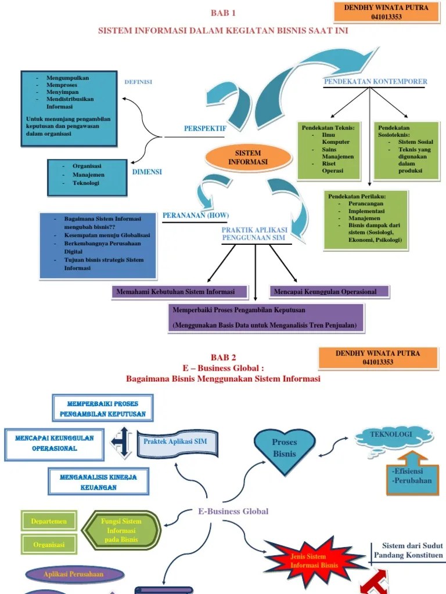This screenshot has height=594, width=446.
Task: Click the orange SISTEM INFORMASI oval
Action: pos(248,158)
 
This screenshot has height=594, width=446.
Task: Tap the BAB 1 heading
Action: pos(223,13)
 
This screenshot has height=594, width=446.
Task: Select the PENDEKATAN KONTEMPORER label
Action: pos(375,82)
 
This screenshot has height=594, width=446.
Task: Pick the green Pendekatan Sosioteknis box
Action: pos(405,150)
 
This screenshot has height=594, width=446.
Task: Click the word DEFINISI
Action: pos(138,82)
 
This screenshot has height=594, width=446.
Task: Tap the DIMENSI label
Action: pos(147,172)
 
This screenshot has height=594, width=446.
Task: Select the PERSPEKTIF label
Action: pos(204,128)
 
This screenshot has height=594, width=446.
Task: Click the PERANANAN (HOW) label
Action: pos(196,215)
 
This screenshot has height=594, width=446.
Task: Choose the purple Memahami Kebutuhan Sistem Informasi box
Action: pos(181,292)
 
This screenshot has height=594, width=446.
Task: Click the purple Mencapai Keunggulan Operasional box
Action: pos(329,292)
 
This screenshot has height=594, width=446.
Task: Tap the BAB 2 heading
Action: pos(223,357)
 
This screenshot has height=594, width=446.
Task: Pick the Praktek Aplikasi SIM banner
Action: pos(178,443)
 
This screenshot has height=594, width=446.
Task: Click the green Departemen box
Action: pos(49,521)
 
